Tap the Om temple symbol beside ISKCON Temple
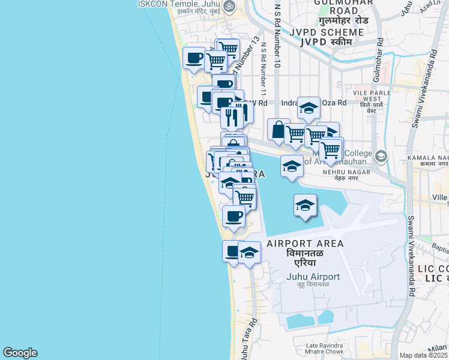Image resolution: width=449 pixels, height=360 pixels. tap(228, 5)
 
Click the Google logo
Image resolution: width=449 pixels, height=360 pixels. tap(20, 353)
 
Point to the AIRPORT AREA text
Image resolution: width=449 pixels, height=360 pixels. tap(305, 244)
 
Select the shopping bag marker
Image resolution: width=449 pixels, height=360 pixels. tap(279, 130)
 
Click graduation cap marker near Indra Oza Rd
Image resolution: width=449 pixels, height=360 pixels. tap(309, 108)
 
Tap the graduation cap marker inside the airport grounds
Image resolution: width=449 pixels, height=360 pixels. tap(305, 206)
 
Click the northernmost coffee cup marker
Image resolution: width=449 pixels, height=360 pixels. tap(194, 58)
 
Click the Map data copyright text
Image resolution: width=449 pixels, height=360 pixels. tap(424, 355)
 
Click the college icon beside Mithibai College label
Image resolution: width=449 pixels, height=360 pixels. tap(381, 157)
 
